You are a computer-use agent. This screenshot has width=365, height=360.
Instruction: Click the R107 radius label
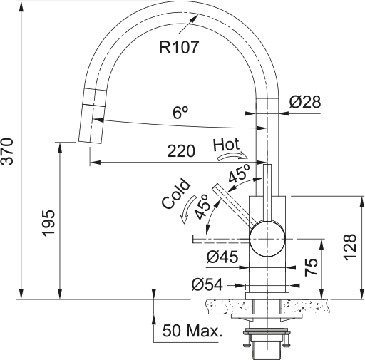point(179,47)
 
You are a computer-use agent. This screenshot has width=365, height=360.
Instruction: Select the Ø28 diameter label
point(305,102)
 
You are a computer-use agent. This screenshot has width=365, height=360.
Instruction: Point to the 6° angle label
point(180,113)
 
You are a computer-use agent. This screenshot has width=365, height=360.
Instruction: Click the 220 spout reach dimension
point(181,151)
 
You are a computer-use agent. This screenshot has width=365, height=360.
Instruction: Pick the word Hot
point(226,145)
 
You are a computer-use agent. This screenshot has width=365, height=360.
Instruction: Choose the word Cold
point(176,194)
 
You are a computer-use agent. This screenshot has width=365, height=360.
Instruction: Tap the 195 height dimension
point(48,223)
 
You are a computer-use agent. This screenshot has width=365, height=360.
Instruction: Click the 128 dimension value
point(350,247)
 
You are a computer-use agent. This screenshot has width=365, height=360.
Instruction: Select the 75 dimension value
point(311,267)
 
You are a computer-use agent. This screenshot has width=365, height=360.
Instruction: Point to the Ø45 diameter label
point(222,257)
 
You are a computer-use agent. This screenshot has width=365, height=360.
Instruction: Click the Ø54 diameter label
point(207,284)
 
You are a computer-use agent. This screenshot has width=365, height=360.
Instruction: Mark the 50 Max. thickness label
point(192,331)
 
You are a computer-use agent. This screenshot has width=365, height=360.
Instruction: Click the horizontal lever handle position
point(222,239)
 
